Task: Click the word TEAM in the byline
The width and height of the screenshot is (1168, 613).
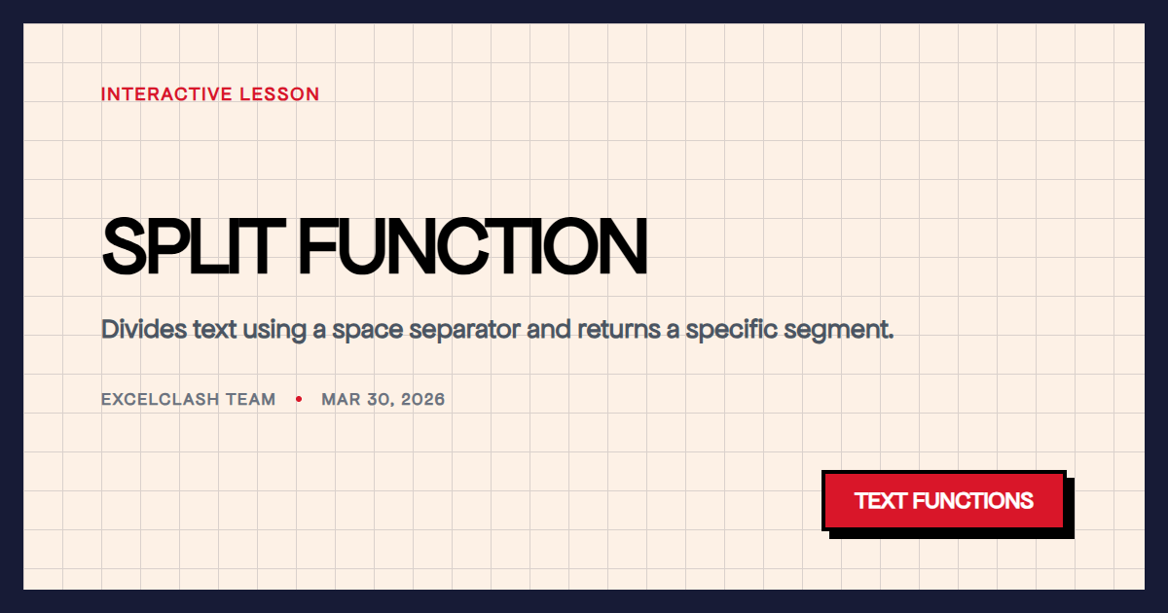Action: pos(252,400)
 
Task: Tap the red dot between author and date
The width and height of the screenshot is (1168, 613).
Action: pos(299,399)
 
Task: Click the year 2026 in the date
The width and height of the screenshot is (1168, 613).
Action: pos(423,400)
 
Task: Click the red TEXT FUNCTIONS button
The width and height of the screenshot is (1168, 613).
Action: pos(944,501)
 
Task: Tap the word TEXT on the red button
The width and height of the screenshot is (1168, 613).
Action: pos(881,501)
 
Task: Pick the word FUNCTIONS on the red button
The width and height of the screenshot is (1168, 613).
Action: pos(973,501)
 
